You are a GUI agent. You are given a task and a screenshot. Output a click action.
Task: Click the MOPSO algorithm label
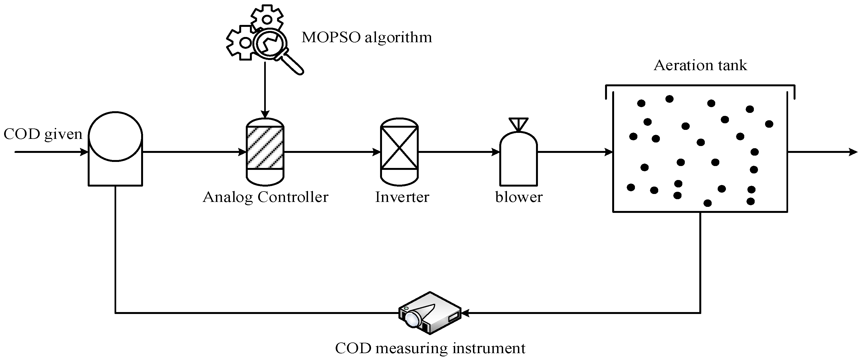[x=366, y=38]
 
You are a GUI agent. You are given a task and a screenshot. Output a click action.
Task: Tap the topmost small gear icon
[x=267, y=19]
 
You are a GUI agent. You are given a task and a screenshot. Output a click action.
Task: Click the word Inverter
[x=402, y=197]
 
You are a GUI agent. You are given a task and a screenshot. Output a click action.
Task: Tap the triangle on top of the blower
[x=518, y=123]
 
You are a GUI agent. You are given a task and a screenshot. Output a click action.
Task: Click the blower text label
[x=518, y=197]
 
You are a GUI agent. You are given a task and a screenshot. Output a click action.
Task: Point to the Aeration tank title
[x=700, y=65]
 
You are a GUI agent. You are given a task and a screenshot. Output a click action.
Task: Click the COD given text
[x=43, y=134]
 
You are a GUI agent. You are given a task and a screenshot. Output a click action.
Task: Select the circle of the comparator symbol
[x=115, y=136]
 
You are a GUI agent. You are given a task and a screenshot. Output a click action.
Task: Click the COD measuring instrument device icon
[x=429, y=313]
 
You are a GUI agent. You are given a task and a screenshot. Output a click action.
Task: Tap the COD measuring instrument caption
[x=430, y=348]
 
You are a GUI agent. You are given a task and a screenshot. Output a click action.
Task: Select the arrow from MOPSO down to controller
[x=265, y=90]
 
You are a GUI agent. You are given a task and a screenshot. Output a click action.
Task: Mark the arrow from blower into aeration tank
[x=575, y=152]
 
